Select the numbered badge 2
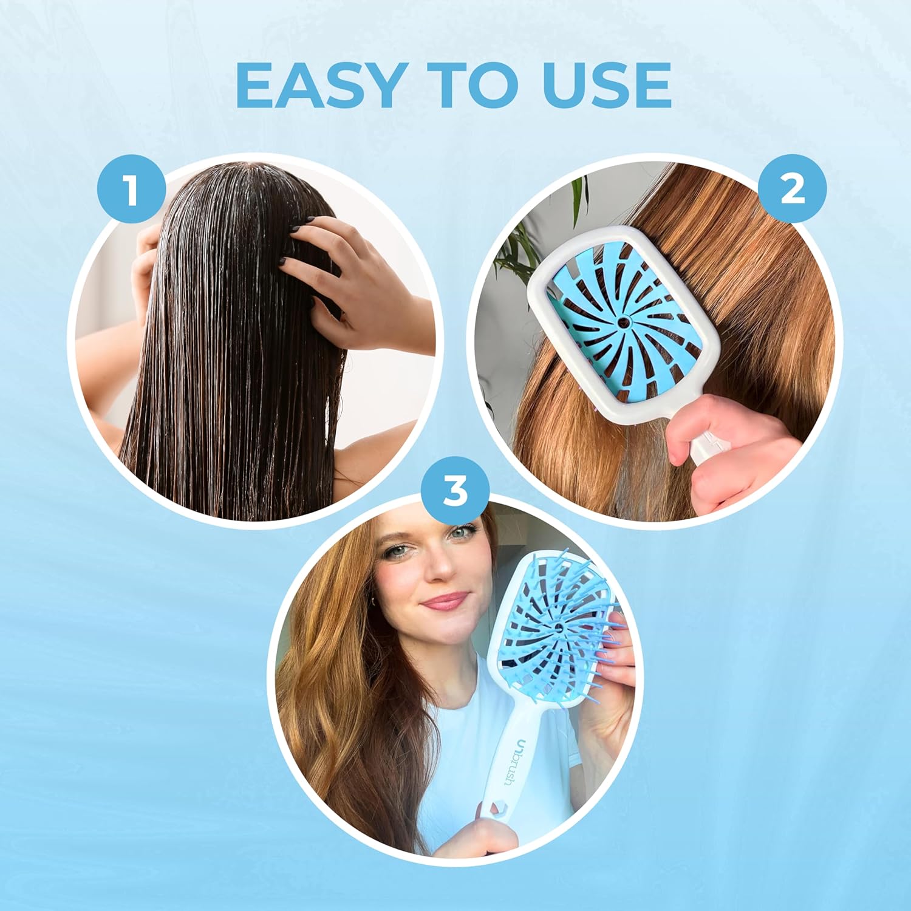(x=792, y=189)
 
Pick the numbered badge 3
(x=455, y=491)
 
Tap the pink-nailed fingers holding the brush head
(x=613, y=656)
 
